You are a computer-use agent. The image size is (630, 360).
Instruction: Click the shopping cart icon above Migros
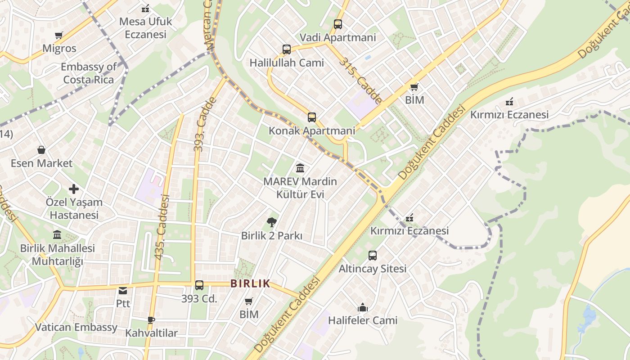pyautogui.click(x=58, y=36)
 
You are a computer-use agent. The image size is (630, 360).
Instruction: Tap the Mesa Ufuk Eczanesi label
pyautogui.click(x=145, y=28)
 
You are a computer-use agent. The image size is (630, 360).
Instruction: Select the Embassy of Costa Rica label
pyautogui.click(x=89, y=73)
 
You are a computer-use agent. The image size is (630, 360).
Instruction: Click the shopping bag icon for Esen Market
pyautogui.click(x=41, y=150)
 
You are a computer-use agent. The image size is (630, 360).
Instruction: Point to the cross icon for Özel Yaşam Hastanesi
pyautogui.click(x=74, y=189)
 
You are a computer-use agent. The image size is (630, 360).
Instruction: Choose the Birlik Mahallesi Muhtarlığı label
pyautogui.click(x=58, y=255)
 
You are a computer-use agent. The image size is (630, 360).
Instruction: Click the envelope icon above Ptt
pyautogui.click(x=123, y=291)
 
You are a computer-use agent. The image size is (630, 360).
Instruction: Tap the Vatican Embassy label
pyautogui.click(x=76, y=327)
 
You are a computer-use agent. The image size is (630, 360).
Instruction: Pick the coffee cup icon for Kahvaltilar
pyautogui.click(x=151, y=320)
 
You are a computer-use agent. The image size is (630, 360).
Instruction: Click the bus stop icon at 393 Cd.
pyautogui.click(x=199, y=285)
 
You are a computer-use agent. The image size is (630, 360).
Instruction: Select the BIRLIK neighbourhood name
pyautogui.click(x=250, y=283)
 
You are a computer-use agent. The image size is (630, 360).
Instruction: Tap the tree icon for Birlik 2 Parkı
pyautogui.click(x=271, y=222)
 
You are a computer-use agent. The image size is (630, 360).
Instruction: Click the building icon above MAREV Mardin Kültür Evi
pyautogui.click(x=300, y=168)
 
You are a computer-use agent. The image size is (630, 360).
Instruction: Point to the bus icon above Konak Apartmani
pyautogui.click(x=312, y=117)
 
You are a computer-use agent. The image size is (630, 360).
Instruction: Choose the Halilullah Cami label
pyautogui.click(x=287, y=63)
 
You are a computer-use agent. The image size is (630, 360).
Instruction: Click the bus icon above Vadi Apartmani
pyautogui.click(x=338, y=24)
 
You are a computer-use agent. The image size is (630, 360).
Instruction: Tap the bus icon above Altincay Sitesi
pyautogui.click(x=373, y=256)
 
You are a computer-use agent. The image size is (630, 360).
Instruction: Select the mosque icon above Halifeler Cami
pyautogui.click(x=363, y=308)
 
